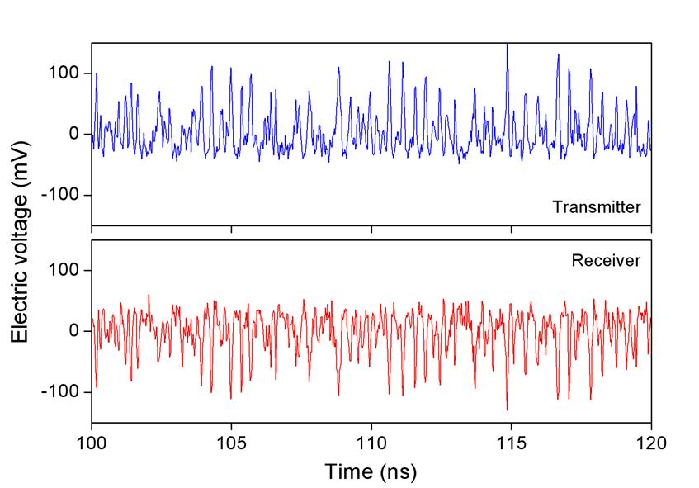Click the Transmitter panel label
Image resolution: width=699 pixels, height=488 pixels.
[597, 207]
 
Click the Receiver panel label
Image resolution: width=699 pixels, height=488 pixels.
[607, 261]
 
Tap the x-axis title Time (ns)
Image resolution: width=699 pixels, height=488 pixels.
[371, 471]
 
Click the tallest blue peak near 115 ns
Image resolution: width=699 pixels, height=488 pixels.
[507, 45]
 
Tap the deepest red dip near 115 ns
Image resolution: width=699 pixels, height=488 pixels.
[507, 409]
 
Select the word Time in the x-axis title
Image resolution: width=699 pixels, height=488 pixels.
[346, 471]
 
